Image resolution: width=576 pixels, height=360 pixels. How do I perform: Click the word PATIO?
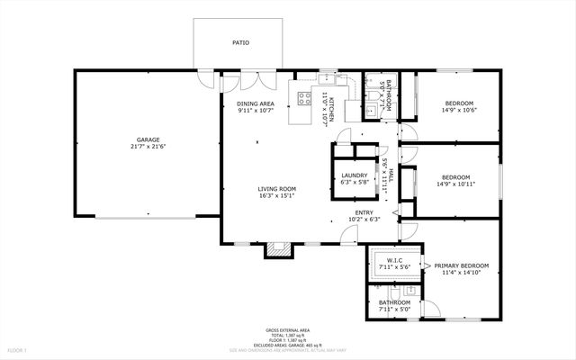coord(240,42)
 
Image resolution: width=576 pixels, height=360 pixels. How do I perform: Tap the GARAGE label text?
coord(148,139)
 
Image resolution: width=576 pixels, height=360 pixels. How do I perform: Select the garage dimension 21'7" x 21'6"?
coord(148,148)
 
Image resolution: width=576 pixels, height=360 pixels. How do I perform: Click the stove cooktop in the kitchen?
coord(305,98)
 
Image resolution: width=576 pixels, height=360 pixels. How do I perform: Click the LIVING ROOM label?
coord(277,189)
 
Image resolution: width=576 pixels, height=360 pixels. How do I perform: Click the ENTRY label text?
coord(365,211)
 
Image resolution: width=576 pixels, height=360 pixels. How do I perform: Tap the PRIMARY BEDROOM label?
coord(461,265)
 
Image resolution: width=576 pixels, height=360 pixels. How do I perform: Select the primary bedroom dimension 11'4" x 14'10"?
coord(461,274)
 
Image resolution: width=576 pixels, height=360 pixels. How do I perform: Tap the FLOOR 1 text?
coord(17,348)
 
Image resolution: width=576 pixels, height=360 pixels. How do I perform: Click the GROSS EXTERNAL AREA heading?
coord(287,330)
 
